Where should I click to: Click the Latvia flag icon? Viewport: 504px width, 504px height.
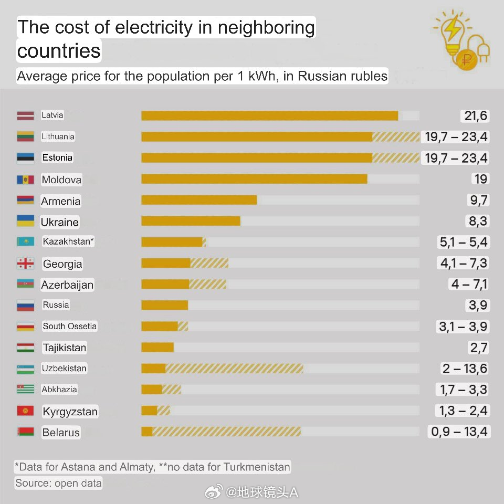click(x=25, y=115)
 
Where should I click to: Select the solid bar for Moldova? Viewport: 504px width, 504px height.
click(x=254, y=179)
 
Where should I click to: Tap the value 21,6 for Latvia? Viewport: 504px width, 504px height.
click(x=476, y=116)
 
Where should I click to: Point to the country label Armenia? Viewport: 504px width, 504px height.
click(x=61, y=201)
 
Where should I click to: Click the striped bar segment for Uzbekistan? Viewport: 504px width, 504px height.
click(x=234, y=369)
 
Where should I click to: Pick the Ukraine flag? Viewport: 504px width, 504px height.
click(x=25, y=221)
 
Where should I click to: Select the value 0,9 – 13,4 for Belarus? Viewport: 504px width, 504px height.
click(x=459, y=432)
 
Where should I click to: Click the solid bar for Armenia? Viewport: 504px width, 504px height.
click(x=199, y=200)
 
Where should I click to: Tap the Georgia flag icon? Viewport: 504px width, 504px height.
click(x=25, y=264)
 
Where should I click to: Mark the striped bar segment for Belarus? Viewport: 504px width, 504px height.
click(x=226, y=432)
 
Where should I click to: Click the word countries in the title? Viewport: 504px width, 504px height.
click(x=59, y=51)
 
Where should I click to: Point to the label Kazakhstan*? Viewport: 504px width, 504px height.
click(x=68, y=242)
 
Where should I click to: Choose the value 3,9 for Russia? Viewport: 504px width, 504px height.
click(x=480, y=306)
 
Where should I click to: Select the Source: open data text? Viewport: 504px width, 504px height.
click(x=58, y=483)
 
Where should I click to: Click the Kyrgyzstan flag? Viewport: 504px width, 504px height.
click(x=25, y=411)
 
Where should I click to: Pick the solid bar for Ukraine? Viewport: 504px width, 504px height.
click(x=191, y=221)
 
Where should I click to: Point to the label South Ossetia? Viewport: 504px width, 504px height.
click(x=70, y=326)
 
